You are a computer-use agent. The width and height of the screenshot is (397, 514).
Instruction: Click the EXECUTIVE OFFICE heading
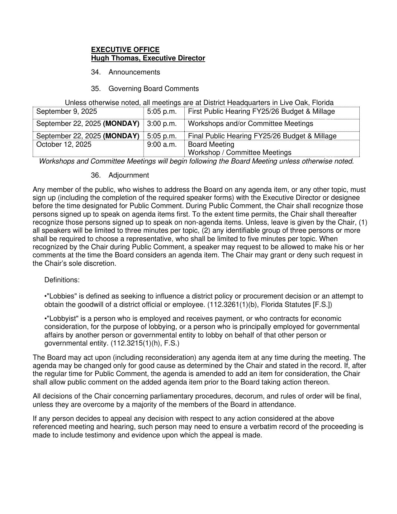(x=125, y=50)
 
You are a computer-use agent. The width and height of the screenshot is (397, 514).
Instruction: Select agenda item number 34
(x=95, y=72)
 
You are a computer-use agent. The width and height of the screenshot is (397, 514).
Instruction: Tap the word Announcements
(x=134, y=72)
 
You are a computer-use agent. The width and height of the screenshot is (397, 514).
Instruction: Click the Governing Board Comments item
(x=154, y=89)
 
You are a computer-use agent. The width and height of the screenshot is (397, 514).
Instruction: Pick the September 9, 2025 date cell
(x=67, y=112)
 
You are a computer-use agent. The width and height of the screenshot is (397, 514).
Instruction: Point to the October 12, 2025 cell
(x=64, y=145)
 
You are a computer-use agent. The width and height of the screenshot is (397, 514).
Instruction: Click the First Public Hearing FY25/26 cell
(x=262, y=112)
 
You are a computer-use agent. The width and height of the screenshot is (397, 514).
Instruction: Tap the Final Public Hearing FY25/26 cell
(x=262, y=136)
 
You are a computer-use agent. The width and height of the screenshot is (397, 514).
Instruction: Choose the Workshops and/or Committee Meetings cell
(x=251, y=124)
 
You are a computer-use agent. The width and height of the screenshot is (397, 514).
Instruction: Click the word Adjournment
(x=129, y=175)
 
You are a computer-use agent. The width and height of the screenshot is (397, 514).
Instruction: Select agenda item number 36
(x=95, y=175)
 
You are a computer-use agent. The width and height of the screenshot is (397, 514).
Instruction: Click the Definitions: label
(x=62, y=280)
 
